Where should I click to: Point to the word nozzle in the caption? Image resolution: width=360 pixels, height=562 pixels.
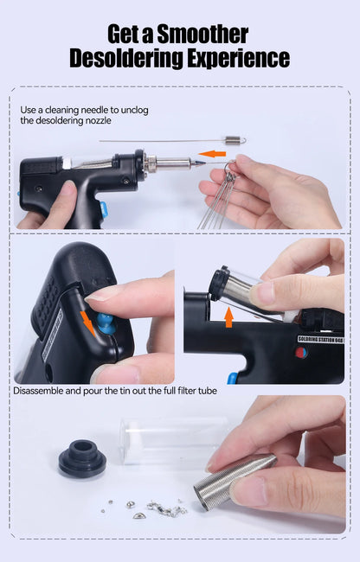106,121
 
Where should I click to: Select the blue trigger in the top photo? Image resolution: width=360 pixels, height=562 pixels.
103,209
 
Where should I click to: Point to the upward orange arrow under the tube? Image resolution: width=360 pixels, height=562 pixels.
228,317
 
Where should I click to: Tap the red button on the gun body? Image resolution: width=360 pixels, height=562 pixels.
300,353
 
